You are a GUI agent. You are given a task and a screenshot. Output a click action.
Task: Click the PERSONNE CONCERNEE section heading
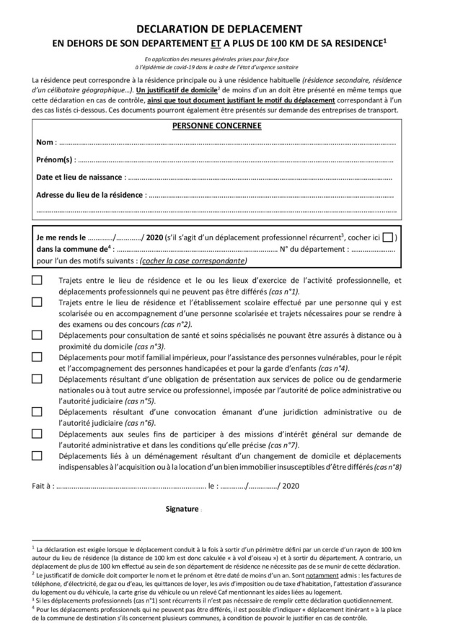click(216, 126)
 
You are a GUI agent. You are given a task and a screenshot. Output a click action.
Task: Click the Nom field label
click(45, 141)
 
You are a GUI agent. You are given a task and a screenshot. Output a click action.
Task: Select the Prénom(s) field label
click(55, 159)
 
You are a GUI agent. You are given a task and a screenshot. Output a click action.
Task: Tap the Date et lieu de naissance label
click(80, 176)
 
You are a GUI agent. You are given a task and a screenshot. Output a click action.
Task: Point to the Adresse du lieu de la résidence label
click(90, 194)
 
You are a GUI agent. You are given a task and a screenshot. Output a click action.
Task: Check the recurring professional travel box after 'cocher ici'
click(388, 237)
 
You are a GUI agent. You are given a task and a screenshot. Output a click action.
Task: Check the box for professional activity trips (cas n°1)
click(37, 281)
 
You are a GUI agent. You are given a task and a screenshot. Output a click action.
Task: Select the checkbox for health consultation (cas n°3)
click(37, 335)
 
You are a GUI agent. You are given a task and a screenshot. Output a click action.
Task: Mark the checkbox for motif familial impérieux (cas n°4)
click(37, 357)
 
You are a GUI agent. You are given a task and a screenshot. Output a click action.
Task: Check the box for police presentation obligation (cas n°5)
click(37, 378)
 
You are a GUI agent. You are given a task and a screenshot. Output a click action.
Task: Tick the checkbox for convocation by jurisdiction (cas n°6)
click(37, 411)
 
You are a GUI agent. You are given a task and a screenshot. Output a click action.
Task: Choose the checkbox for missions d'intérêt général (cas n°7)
click(37, 434)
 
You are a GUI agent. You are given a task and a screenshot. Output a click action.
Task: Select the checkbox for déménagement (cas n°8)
click(37, 455)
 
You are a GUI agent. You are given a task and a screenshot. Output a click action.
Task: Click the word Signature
click(181, 508)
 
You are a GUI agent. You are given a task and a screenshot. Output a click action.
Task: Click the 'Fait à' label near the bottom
click(43, 486)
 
